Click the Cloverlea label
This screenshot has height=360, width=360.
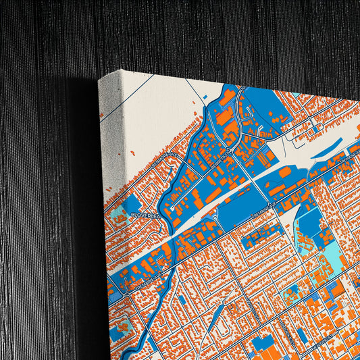point(144,215)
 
